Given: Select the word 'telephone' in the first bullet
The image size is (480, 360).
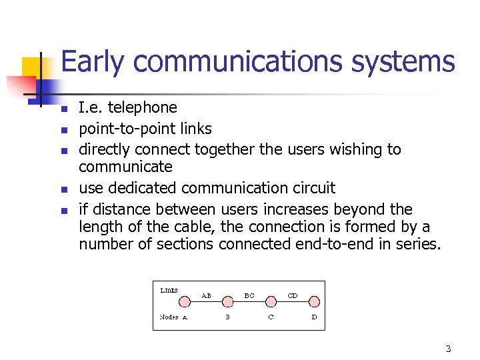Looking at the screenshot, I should [x=145, y=107].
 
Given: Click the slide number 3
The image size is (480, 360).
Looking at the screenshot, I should [x=449, y=349].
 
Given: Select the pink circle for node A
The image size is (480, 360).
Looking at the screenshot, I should [x=185, y=301].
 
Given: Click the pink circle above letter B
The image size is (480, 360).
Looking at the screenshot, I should [x=227, y=301].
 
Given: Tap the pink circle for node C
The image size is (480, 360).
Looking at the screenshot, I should [x=271, y=301].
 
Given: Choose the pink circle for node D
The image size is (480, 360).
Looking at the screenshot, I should [x=314, y=301].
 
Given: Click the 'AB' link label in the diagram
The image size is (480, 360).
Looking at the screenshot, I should [x=207, y=295].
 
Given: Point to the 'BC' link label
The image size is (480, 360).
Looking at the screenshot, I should [x=249, y=295].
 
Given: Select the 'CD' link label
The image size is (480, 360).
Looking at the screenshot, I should [x=292, y=295].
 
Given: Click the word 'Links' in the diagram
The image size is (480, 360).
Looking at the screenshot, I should [x=169, y=290].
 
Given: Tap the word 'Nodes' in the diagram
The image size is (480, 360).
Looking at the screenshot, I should [x=169, y=317].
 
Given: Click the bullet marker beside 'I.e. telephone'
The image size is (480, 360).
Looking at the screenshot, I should [x=65, y=109].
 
